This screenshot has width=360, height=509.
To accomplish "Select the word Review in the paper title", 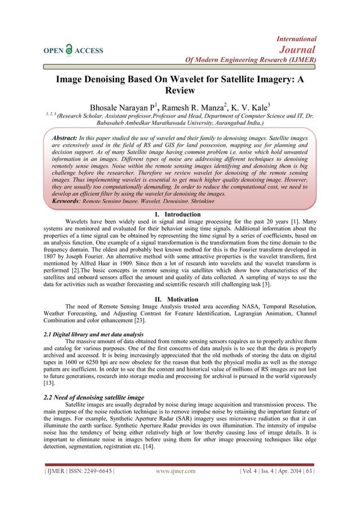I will (179, 90).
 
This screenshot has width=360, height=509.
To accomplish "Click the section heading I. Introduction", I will (179, 214).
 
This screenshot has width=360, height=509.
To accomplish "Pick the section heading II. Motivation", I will (179, 299).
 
